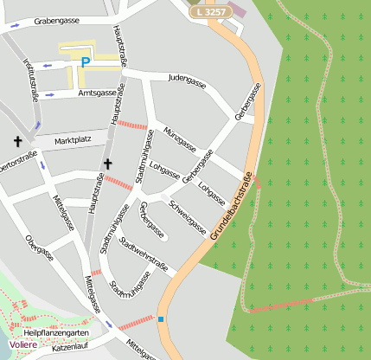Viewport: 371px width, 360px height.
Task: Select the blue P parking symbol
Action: point(85,61)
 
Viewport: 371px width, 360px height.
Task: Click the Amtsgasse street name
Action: point(96,93)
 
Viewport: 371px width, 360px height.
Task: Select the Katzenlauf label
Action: point(71,348)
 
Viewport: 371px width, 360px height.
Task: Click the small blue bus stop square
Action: point(160,319)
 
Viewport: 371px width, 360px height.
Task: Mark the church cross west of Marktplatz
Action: point(16,140)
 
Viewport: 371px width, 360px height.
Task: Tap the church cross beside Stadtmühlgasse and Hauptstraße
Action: point(108,164)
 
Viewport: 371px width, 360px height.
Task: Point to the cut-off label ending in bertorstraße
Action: point(18,161)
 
